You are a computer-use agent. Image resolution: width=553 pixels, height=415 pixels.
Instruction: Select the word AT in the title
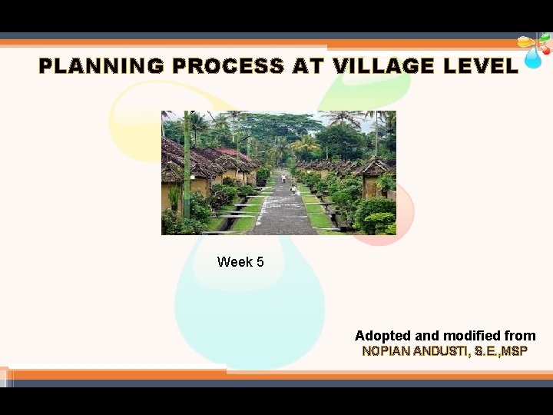point(308,66)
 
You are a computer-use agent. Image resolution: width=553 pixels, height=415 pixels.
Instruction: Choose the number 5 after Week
point(260,262)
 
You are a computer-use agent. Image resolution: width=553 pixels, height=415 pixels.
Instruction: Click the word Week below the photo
point(234,262)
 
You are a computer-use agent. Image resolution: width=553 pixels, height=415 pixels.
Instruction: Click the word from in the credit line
point(520,336)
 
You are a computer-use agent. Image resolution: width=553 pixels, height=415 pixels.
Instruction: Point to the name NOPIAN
point(386,352)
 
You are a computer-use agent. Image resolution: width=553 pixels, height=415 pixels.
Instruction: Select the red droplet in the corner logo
point(545,49)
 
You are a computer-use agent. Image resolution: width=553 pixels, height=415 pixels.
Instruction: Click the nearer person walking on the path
point(293,189)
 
